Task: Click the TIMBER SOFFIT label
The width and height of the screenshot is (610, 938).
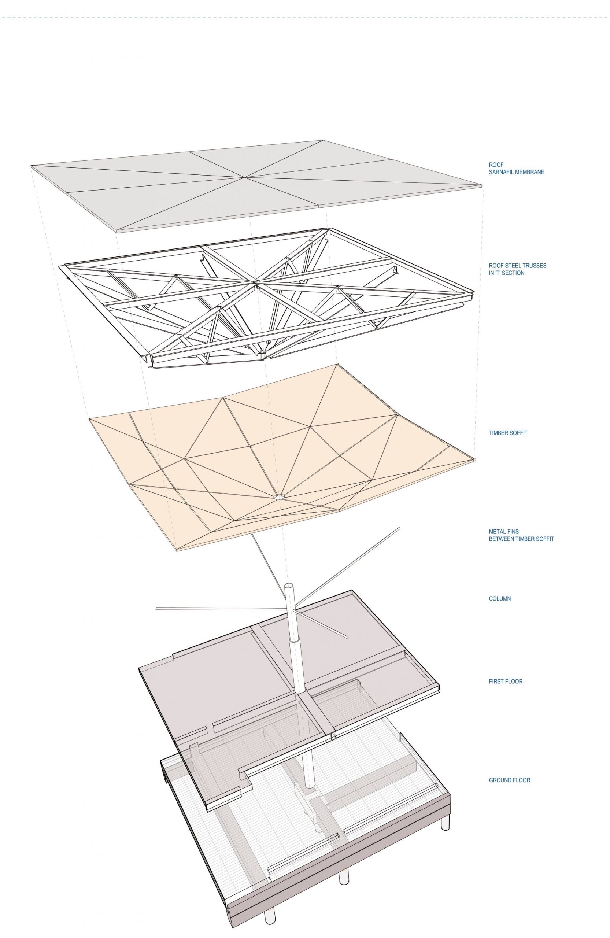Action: (x=508, y=433)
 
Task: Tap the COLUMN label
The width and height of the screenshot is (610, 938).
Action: (x=500, y=598)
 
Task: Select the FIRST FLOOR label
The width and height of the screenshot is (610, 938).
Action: (x=506, y=681)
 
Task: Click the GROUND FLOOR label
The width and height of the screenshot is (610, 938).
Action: (x=510, y=780)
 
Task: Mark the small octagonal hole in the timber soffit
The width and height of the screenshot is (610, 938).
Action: (x=279, y=496)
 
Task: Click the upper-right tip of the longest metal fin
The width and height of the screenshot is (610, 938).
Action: (x=400, y=528)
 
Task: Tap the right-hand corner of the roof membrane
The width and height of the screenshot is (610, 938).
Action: (x=481, y=185)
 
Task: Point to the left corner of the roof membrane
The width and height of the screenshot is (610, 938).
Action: (x=32, y=166)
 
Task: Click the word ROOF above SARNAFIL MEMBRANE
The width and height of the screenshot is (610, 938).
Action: (x=496, y=165)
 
